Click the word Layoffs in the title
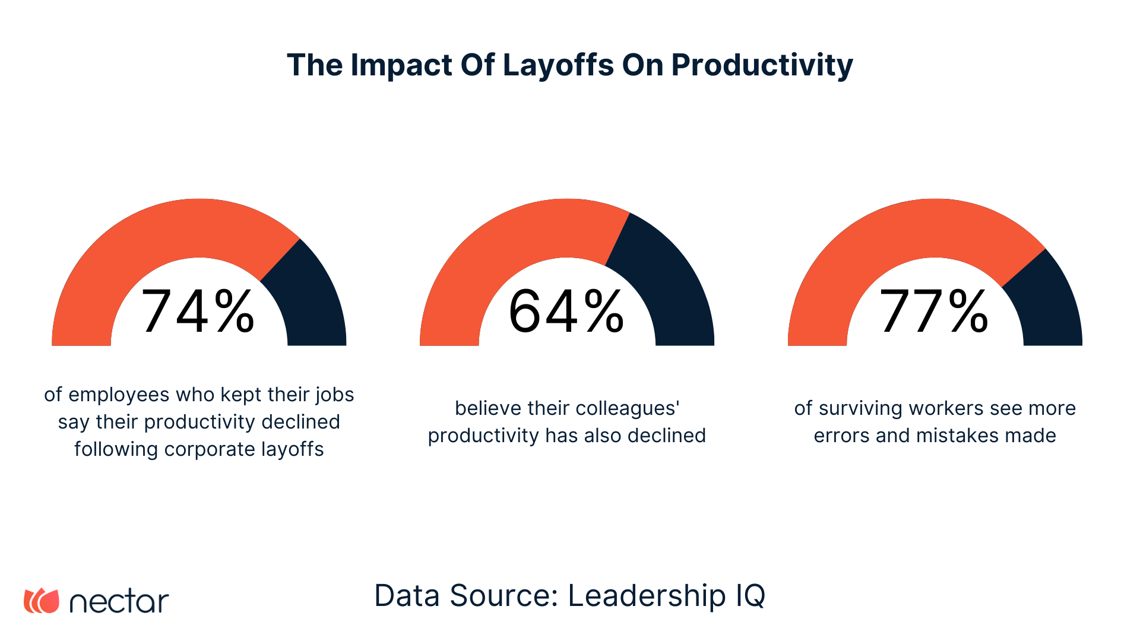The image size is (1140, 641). pos(558,65)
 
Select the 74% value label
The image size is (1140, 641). pos(198,312)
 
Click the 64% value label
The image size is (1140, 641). pos(566,312)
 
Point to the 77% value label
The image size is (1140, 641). pos(934,312)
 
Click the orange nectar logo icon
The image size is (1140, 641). pos(42,601)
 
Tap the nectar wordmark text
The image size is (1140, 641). pos(119,602)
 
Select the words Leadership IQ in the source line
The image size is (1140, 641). pos(666,595)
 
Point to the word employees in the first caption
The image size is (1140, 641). pos(119,395)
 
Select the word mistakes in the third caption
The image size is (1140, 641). pos(950,436)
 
